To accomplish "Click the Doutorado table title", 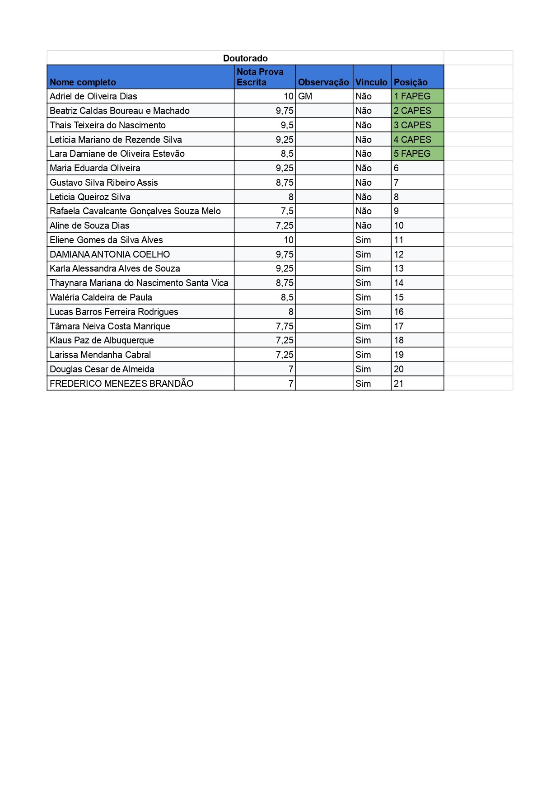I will click(245, 58).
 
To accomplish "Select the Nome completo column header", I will click(83, 82).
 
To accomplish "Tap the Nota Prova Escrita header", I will click(260, 77).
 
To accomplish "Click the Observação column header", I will click(323, 82).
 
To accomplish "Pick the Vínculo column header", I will click(371, 82).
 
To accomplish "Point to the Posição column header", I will click(411, 82).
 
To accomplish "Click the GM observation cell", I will click(305, 96).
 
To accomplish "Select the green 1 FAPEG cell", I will click(412, 96).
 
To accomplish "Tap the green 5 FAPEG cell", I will click(412, 154).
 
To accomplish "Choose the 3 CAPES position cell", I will click(413, 125).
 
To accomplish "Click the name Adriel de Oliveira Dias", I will click(93, 96).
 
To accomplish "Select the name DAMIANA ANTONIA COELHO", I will click(110, 254).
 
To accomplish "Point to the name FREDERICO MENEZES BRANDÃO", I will click(121, 384).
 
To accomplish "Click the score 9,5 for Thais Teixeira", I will click(287, 125).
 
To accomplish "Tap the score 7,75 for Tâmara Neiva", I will click(285, 326).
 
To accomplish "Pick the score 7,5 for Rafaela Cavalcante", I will click(287, 211).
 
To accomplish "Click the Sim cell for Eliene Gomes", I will click(363, 240).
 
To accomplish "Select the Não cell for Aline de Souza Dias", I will click(364, 225).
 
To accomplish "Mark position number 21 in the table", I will click(399, 384).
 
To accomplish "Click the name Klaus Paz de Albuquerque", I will click(102, 340).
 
